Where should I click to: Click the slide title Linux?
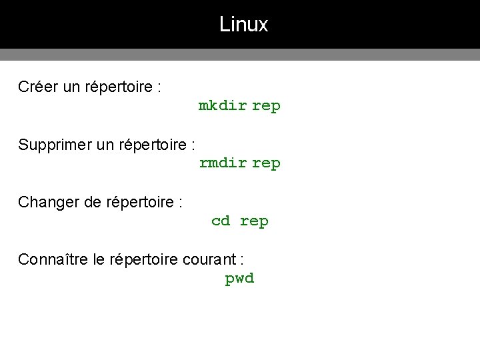point(243,25)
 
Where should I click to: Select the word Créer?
point(38,87)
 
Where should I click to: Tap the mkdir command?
point(223,105)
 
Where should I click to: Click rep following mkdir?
point(266,106)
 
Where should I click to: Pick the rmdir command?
point(223,163)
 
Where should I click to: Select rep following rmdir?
point(266,163)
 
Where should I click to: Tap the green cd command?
point(221,221)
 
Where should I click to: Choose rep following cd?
point(254,221)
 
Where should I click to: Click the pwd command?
point(239,279)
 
